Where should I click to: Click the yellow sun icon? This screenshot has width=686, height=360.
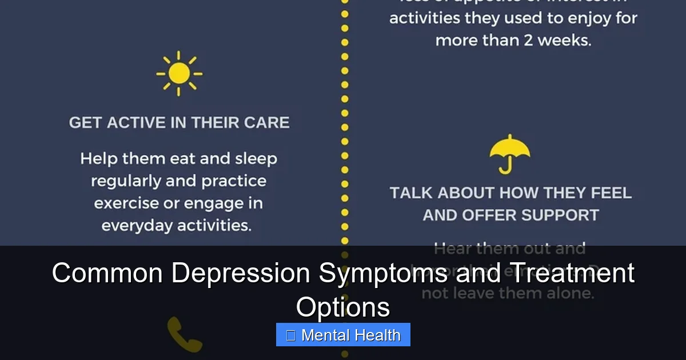coord(179,74)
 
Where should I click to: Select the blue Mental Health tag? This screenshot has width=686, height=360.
coord(343,335)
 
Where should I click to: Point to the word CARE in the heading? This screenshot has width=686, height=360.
coord(268,122)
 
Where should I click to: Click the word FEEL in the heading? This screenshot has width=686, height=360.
coord(610,193)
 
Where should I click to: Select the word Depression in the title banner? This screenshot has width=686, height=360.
coord(241,273)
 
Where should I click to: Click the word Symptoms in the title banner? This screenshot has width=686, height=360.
coord(383,273)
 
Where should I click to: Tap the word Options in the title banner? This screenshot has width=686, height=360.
coord(343,307)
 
